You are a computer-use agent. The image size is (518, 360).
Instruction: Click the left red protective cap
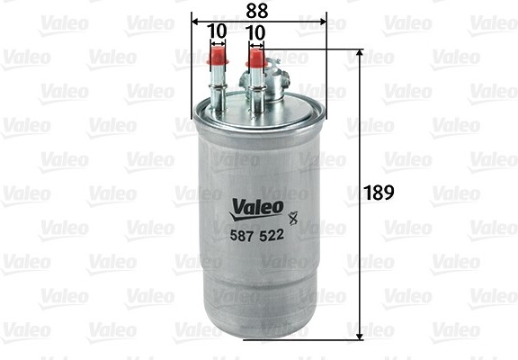(x=215, y=57)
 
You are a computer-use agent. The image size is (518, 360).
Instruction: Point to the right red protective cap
(x=255, y=58)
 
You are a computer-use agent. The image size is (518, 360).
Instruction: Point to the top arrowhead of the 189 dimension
(x=361, y=54)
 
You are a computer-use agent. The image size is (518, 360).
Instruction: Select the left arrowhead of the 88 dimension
(x=197, y=19)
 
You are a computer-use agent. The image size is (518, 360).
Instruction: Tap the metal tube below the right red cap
(x=255, y=91)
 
